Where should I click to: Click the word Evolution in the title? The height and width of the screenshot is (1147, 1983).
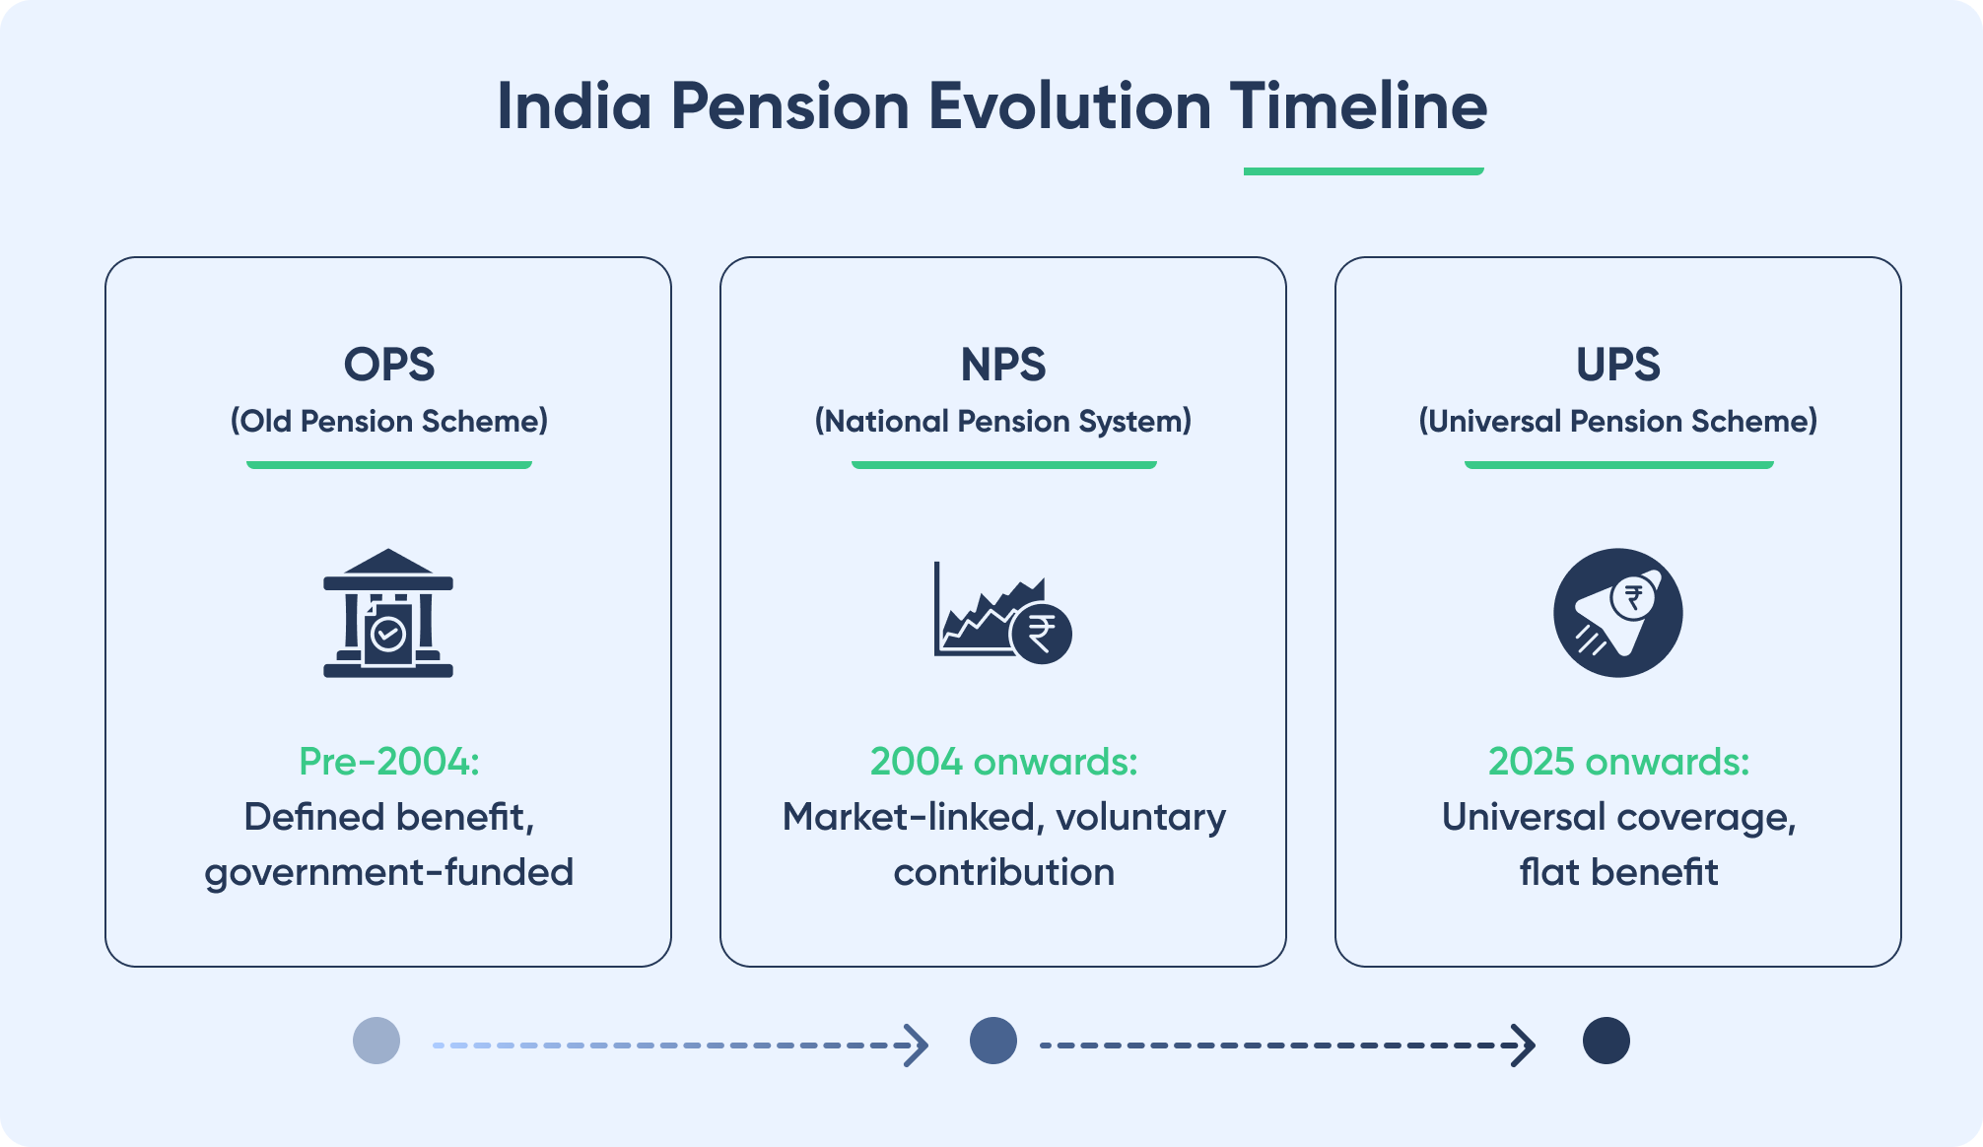[1068, 106]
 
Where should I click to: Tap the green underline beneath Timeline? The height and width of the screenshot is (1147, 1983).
[1363, 171]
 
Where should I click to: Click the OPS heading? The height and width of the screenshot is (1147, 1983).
[388, 365]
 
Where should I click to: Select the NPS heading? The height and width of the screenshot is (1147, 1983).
[1002, 365]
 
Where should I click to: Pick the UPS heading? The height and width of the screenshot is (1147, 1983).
[1617, 365]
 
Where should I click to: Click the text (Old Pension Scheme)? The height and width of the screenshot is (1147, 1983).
[388, 422]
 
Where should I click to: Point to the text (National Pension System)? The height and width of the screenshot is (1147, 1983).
[1002, 422]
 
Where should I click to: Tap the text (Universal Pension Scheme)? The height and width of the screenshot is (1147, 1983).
[1617, 422]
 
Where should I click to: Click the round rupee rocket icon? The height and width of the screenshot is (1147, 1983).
[1617, 613]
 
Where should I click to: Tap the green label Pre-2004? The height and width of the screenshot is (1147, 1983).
[388, 762]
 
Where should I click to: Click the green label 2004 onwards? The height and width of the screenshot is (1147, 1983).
[1002, 762]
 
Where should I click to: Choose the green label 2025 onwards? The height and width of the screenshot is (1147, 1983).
[1617, 762]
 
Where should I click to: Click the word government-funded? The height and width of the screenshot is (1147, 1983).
[388, 873]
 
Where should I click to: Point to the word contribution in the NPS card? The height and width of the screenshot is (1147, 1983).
[1002, 873]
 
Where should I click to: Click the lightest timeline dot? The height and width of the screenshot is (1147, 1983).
[376, 1042]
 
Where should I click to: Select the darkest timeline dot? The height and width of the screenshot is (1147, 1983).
[1606, 1042]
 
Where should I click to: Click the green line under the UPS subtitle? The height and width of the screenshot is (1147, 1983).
[1617, 464]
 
